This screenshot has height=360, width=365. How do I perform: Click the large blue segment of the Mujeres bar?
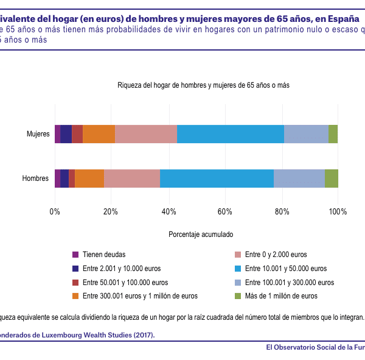coord(231,134)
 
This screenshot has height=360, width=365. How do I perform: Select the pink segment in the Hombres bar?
coord(132,178)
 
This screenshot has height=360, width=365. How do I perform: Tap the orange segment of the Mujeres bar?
coord(99,134)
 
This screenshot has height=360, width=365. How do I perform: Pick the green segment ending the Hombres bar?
coord(331,178)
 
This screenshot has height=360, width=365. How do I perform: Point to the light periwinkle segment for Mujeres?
coord(306,134)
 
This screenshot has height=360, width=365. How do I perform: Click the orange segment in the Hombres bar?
coord(89,178)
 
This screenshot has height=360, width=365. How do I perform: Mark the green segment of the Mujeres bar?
coord(333,134)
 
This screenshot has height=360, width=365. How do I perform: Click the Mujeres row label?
coord(38,134)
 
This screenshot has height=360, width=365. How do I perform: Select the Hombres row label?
coord(36,178)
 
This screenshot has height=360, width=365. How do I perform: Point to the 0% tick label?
coord(55,211)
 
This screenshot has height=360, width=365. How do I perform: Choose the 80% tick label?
coord(282,211)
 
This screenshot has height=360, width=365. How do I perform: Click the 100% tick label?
coord(337,211)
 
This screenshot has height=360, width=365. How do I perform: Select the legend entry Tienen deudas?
coord(104,255)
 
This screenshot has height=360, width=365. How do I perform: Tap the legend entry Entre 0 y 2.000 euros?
coord(276,255)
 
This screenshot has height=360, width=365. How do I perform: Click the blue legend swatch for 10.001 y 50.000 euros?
coord(238,269)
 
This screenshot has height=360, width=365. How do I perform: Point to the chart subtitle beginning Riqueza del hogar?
coord(203,85)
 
